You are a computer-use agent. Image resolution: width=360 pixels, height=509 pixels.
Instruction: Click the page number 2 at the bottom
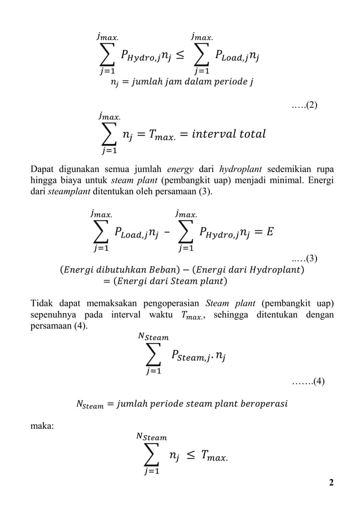[x=332, y=482]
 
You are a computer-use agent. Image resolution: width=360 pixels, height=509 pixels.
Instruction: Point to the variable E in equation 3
[x=269, y=232]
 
